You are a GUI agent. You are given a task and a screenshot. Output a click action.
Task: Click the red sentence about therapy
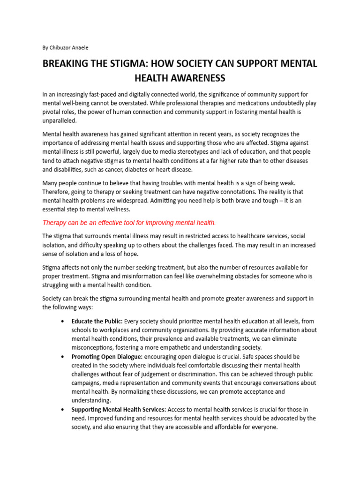[x=129, y=222]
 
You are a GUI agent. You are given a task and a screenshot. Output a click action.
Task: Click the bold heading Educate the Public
[x=97, y=321]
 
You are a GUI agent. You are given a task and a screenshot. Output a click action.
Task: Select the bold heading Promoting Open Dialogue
[x=106, y=356]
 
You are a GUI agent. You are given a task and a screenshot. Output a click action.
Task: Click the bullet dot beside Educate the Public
[x=63, y=322]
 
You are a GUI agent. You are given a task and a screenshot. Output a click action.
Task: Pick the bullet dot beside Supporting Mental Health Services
[x=63, y=410]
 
